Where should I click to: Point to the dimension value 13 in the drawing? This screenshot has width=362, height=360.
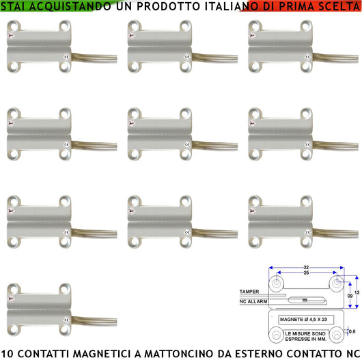(x=356, y=290)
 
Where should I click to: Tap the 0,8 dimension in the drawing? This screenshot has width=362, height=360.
(x=351, y=331)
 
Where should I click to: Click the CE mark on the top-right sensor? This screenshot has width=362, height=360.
(x=306, y=58)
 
